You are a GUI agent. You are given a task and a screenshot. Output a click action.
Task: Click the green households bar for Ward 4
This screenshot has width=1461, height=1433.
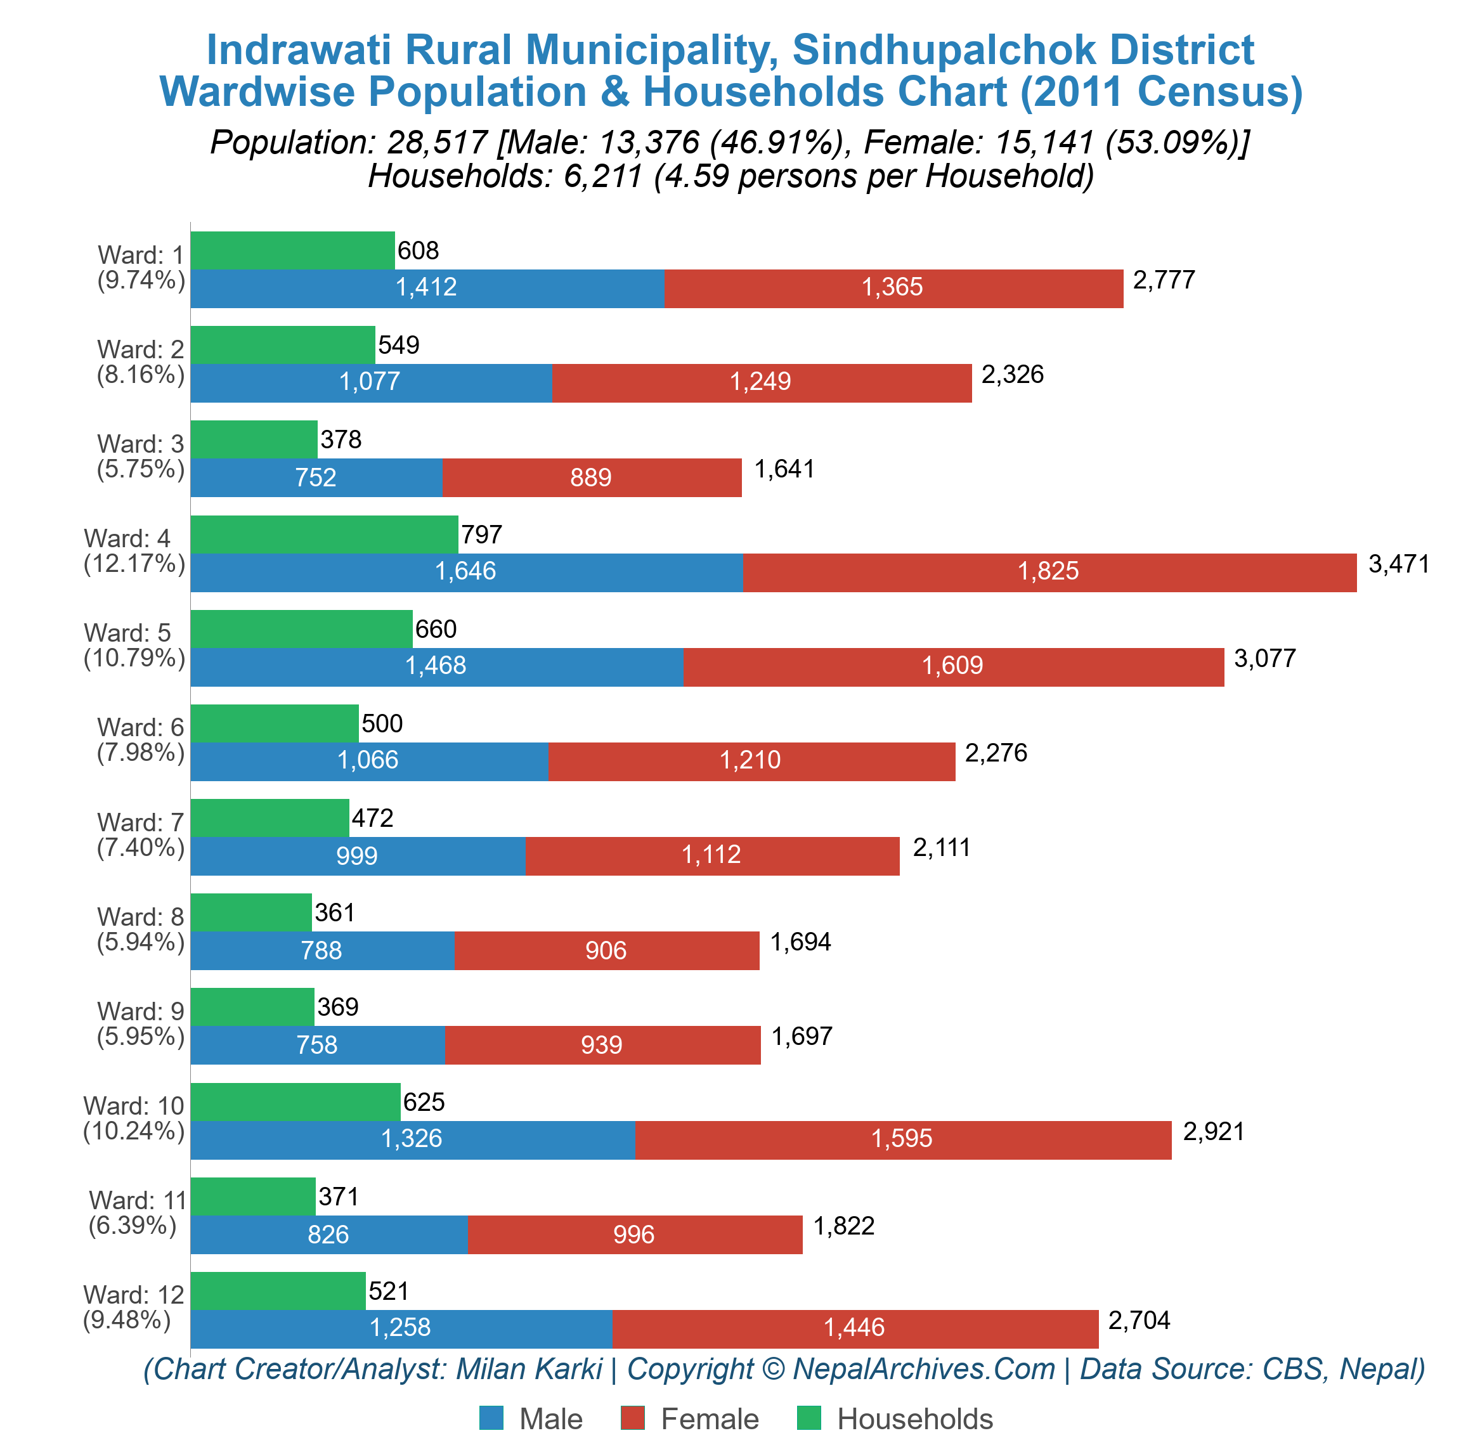click(x=323, y=535)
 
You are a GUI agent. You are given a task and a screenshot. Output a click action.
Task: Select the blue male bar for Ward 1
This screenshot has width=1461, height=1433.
click(x=427, y=289)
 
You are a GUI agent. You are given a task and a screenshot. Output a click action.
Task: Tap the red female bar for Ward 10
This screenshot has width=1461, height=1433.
click(x=902, y=1139)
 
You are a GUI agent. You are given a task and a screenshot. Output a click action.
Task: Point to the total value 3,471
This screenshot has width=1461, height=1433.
click(x=1398, y=564)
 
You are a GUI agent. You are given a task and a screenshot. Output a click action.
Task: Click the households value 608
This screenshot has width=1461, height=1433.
click(x=418, y=250)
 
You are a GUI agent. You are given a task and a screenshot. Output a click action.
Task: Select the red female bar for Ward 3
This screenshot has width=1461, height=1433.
click(x=591, y=478)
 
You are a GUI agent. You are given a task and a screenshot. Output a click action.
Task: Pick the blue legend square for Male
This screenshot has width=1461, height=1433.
click(x=491, y=1418)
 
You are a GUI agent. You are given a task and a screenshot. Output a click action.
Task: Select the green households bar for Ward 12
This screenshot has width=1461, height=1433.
click(x=278, y=1291)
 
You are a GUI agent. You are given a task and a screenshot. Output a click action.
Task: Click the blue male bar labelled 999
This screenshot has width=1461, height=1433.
click(x=357, y=856)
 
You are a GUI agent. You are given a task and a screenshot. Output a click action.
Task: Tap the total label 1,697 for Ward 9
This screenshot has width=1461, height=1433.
click(x=801, y=1036)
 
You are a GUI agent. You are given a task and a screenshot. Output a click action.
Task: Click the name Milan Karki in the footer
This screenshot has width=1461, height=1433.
click(x=528, y=1368)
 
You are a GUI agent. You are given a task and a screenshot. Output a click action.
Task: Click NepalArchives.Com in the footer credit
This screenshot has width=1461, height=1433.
click(x=923, y=1368)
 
